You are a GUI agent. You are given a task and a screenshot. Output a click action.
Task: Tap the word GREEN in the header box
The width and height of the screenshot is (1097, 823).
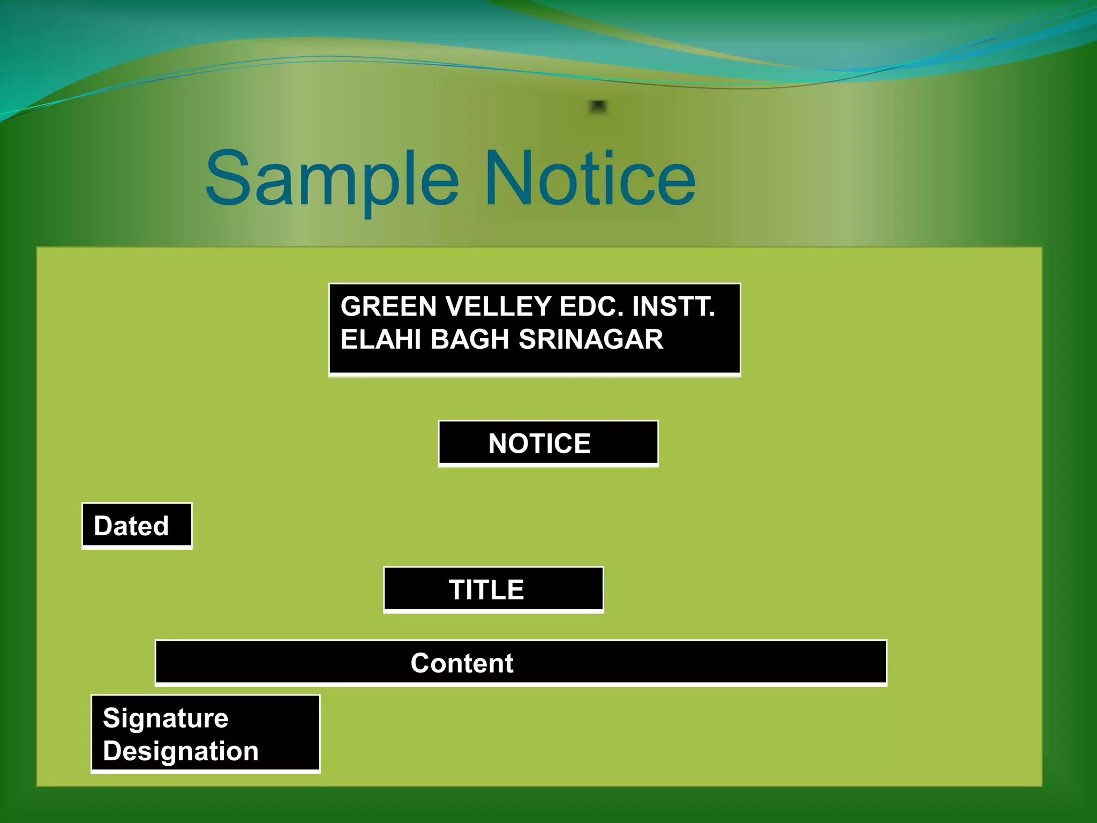pos(389,306)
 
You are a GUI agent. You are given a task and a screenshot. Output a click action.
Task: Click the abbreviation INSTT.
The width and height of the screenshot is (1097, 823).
pos(673,306)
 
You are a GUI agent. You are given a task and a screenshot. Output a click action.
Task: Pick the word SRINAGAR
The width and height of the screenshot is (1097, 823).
pos(591,340)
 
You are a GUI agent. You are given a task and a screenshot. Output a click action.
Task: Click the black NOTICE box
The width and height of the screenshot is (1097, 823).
pos(548,443)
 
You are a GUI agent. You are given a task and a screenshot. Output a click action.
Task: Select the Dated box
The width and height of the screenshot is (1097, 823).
pos(137,526)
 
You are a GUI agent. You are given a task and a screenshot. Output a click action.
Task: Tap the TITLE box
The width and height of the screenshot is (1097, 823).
pos(493,589)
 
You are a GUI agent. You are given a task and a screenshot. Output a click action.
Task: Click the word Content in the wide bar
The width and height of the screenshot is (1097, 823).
pos(462,663)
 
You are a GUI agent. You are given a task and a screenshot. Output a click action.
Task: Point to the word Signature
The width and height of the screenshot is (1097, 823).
pos(166,718)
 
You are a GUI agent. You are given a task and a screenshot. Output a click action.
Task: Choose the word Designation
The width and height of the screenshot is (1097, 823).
pos(181,751)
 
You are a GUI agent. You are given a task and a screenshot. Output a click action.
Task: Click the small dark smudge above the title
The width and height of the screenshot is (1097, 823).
pos(598,107)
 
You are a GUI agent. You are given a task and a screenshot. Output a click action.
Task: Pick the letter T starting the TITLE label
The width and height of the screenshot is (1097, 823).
pos(459,589)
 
